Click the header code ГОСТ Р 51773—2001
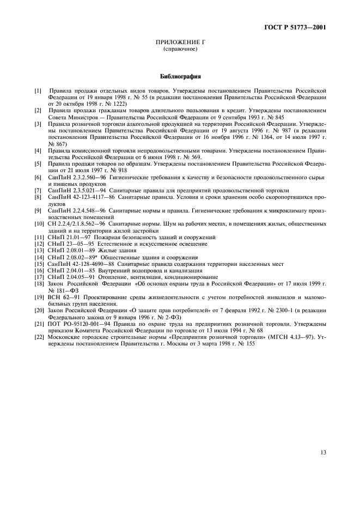point(299,27)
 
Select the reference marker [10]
point(39,224)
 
